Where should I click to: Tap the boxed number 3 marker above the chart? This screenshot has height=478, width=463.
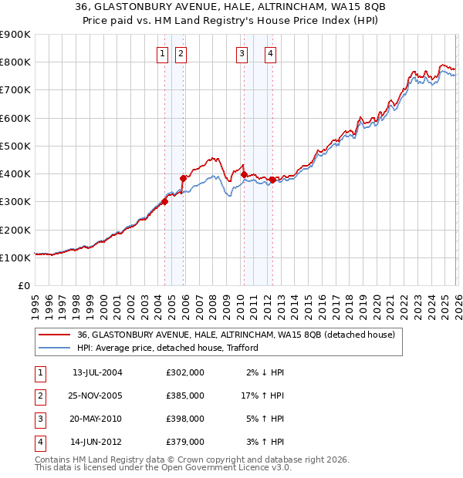tap(242, 53)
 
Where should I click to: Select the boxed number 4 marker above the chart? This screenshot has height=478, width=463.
tap(271, 53)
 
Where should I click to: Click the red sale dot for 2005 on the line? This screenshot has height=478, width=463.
tap(184, 178)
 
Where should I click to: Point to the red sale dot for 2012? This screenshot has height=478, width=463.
tap(272, 180)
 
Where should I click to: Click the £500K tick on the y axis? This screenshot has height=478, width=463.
tap(15, 146)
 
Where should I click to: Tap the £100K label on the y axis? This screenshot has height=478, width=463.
tap(15, 258)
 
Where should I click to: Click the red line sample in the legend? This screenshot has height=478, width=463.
tap(55, 335)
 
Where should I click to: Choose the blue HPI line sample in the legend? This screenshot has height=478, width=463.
tap(55, 348)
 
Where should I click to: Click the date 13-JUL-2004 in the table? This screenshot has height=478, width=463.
tap(97, 372)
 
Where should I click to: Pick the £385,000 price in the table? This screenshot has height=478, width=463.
tap(185, 395)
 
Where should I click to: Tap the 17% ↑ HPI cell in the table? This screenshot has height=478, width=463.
tap(262, 395)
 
